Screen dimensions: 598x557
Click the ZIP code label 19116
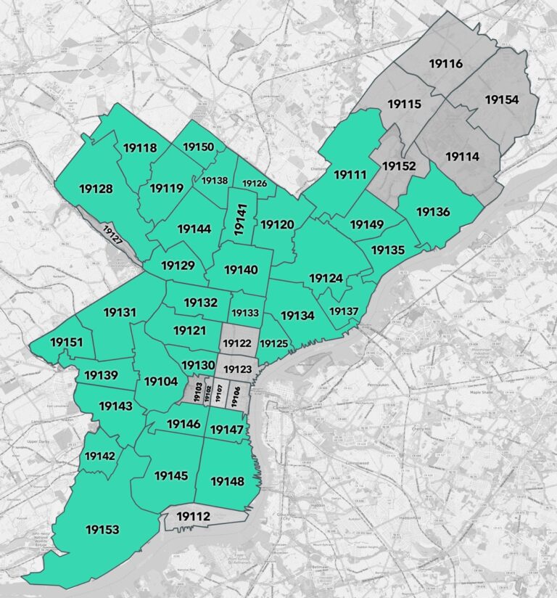[446, 65]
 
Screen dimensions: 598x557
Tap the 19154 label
[502, 99]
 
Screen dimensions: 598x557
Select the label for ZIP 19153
[102, 530]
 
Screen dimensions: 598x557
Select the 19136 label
[433, 213]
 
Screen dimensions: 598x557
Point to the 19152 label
[398, 166]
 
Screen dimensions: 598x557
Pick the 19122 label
[236, 343]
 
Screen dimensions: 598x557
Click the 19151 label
[67, 342]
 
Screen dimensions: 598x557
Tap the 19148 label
[226, 480]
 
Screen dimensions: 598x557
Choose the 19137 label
[344, 311]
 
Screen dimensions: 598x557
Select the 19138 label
[215, 180]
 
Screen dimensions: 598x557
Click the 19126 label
[255, 184]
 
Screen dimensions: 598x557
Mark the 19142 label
[100, 456]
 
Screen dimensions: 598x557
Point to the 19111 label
[351, 174]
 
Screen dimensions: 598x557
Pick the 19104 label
[161, 382]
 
